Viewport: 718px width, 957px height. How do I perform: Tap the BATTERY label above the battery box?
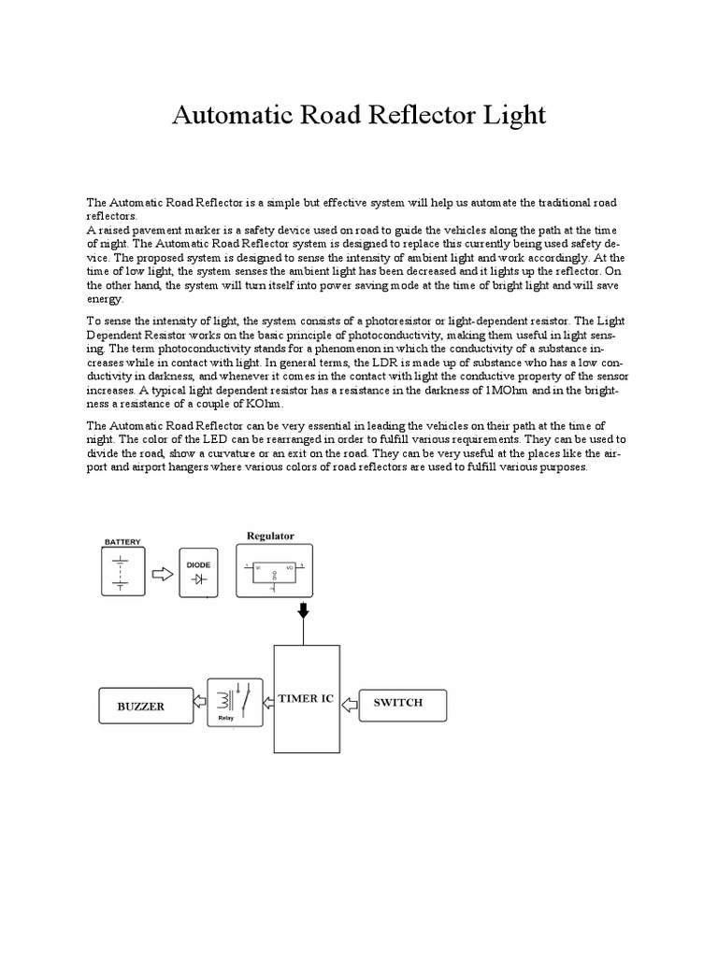coord(123,541)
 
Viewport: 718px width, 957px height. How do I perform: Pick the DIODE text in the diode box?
coord(199,564)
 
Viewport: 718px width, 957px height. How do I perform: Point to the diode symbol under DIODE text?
coord(198,579)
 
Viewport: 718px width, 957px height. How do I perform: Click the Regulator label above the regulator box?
coord(270,536)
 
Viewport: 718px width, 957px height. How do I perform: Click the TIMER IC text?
coord(306,699)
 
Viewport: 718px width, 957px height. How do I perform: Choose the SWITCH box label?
coord(398,703)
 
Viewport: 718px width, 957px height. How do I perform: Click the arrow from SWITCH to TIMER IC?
coord(348,703)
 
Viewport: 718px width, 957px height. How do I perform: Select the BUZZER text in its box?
coord(140,707)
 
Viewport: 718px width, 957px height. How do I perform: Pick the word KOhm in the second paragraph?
coord(284,403)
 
